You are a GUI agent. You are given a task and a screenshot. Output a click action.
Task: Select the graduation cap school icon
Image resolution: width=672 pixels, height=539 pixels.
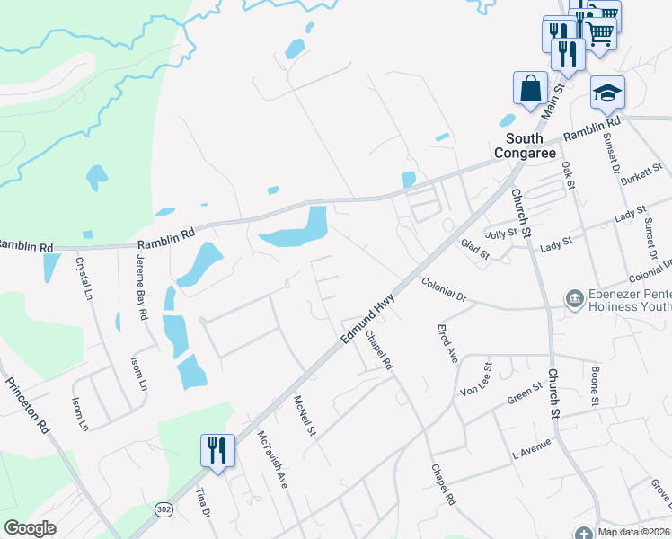pos(607,93)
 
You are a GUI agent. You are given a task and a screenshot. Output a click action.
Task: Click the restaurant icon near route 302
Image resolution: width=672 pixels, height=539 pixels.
pos(217,449)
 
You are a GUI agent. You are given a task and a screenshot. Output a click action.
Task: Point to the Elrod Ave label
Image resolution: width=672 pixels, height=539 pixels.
pos(447,343)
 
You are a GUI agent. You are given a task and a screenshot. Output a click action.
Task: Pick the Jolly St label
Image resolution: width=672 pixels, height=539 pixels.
pos(501,233)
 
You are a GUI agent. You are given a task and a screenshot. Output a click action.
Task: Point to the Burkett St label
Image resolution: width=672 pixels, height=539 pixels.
pos(644,171)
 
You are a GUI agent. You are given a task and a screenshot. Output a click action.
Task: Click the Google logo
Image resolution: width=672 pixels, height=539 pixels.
pos(31,528)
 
